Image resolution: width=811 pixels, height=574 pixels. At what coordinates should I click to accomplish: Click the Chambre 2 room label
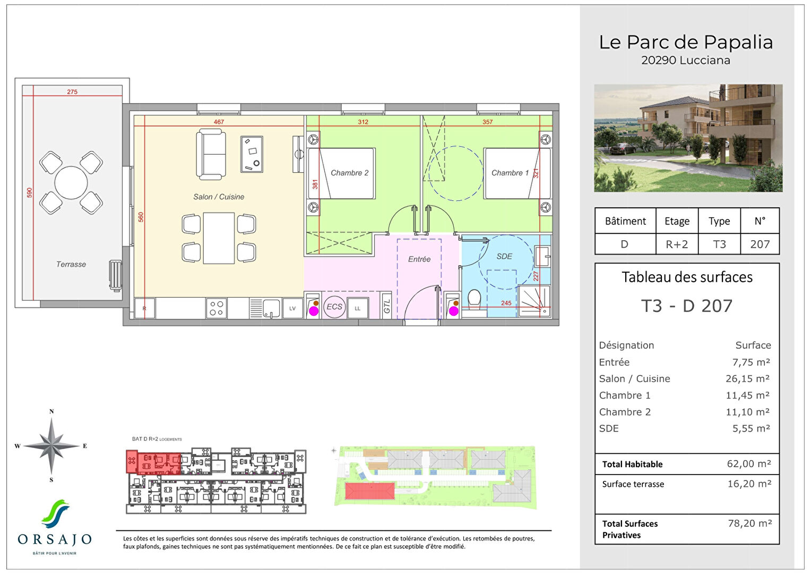click(349, 173)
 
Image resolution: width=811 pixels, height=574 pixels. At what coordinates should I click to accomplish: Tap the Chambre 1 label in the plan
click(510, 173)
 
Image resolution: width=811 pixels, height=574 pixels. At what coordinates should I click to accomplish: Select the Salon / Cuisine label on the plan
click(219, 197)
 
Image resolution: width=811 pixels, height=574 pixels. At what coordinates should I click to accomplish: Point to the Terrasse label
click(71, 264)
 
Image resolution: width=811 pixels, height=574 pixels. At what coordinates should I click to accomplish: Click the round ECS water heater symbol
click(334, 307)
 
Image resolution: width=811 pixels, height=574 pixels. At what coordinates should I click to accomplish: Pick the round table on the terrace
click(71, 182)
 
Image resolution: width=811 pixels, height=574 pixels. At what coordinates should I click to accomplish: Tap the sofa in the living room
click(211, 154)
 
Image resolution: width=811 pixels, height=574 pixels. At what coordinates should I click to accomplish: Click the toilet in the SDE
click(474, 299)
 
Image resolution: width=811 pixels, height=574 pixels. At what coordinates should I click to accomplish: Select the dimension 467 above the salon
click(219, 122)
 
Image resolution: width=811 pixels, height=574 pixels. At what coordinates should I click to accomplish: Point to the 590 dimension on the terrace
click(30, 192)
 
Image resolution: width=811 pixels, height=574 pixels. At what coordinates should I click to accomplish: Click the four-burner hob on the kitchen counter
click(217, 308)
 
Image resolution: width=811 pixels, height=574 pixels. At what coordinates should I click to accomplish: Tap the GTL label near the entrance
click(387, 307)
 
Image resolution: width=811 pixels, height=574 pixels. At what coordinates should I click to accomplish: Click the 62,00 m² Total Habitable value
click(748, 464)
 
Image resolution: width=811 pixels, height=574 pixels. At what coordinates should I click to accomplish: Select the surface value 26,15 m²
click(747, 379)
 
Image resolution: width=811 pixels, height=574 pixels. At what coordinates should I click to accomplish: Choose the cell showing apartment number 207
click(760, 244)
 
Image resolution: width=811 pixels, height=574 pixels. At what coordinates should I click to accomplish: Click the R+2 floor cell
click(677, 244)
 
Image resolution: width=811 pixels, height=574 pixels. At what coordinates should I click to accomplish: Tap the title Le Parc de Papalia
click(686, 42)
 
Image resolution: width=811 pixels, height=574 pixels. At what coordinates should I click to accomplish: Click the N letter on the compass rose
click(51, 411)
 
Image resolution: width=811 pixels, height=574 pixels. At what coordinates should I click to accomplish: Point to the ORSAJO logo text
click(55, 539)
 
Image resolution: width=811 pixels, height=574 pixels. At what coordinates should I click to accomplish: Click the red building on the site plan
click(370, 491)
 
